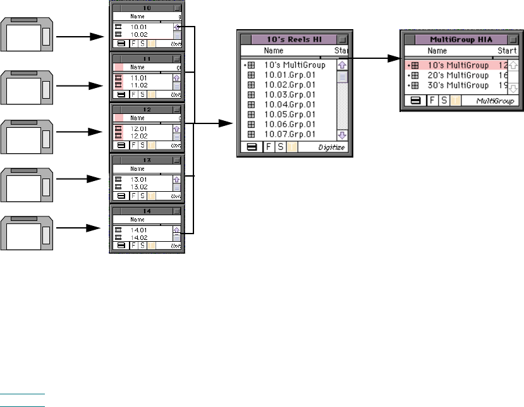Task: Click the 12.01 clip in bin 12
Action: (x=138, y=128)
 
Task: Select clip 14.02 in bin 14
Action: (x=138, y=237)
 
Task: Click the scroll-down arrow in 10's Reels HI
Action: (x=342, y=135)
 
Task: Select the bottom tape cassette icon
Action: (x=28, y=233)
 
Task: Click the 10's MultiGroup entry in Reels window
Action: (x=295, y=65)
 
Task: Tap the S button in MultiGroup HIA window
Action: (x=444, y=101)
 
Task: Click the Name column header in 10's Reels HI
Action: (x=274, y=50)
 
